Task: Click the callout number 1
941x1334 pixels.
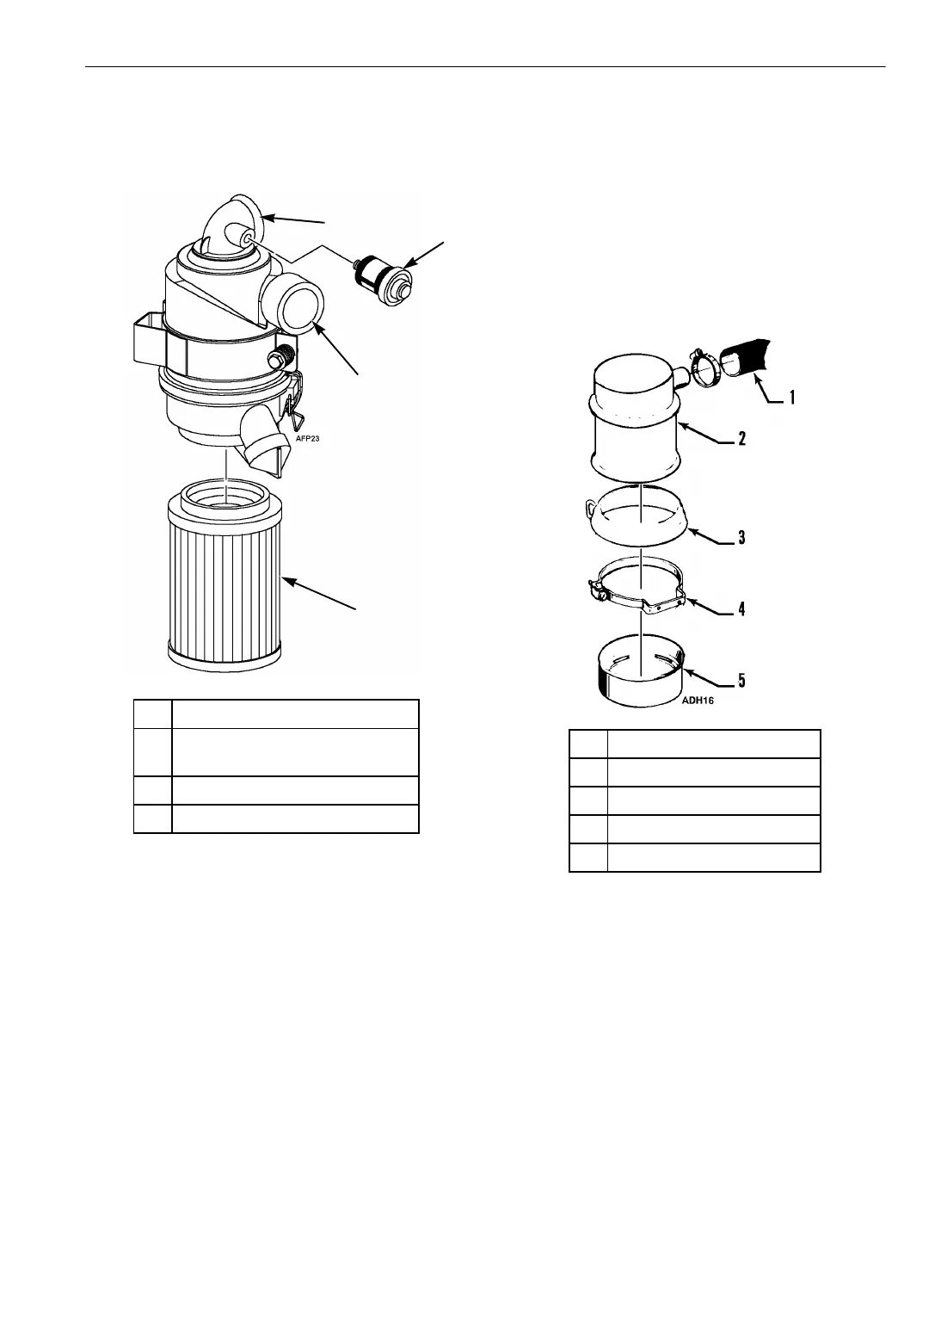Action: click(x=793, y=398)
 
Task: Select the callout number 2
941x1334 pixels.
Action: click(x=741, y=438)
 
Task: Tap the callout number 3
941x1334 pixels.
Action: click(x=741, y=538)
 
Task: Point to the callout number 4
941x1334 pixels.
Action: click(x=741, y=608)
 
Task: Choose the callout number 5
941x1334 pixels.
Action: click(x=741, y=681)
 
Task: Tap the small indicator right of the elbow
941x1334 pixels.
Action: click(x=384, y=274)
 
